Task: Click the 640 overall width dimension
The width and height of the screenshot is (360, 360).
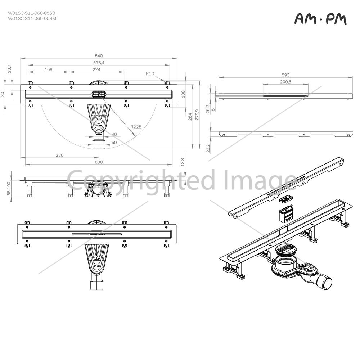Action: click(99, 56)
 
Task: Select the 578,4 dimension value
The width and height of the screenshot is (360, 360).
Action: click(99, 63)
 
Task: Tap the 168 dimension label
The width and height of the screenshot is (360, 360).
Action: click(49, 69)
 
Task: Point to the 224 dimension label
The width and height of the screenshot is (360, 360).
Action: click(96, 69)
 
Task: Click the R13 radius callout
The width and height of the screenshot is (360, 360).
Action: click(150, 74)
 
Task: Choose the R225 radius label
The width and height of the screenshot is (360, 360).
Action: click(136, 127)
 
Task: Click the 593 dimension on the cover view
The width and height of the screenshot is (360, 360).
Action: click(285, 75)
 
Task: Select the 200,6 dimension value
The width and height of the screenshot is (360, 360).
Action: click(285, 82)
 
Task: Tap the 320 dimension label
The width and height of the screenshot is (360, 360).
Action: click(59, 155)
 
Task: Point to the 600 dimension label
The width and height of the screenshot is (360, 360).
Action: click(99, 162)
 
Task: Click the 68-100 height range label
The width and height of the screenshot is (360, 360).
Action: click(9, 189)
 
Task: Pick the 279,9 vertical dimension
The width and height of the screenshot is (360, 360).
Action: click(197, 115)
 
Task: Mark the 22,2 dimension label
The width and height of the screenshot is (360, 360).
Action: click(208, 148)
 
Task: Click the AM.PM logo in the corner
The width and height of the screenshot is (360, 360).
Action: click(320, 19)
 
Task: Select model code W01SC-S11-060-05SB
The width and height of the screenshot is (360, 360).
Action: click(32, 13)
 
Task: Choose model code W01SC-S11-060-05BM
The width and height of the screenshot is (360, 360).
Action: click(32, 18)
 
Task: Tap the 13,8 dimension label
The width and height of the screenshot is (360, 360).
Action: click(183, 162)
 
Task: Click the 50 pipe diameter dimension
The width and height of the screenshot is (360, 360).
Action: click(114, 142)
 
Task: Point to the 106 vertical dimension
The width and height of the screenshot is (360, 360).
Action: click(183, 94)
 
